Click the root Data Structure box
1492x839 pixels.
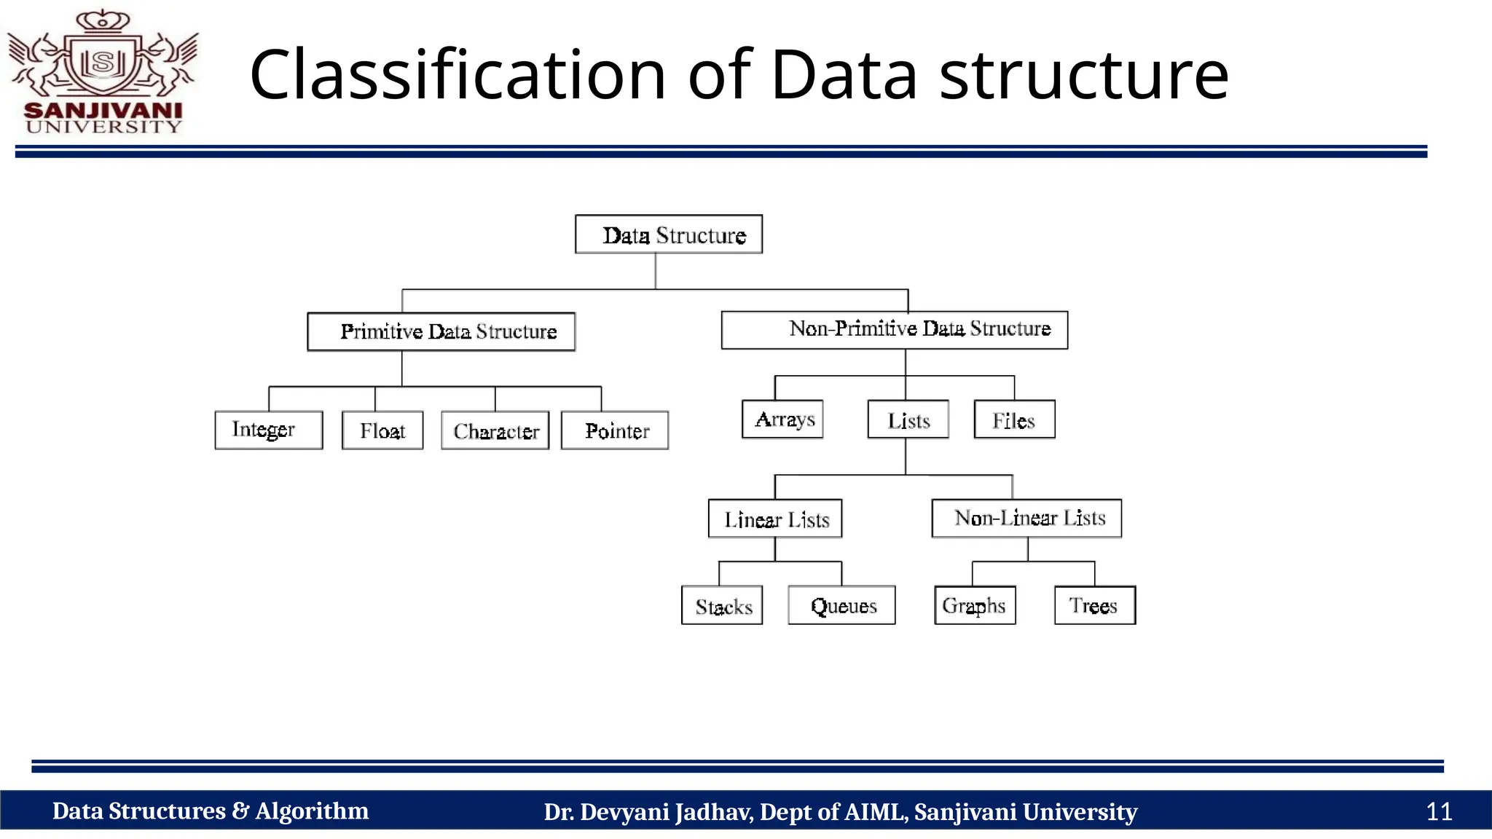pyautogui.click(x=669, y=235)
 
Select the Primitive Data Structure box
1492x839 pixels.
pyautogui.click(x=441, y=332)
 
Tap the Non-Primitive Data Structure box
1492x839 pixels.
pyautogui.click(x=895, y=330)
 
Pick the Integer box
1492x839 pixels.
pyautogui.click(x=269, y=430)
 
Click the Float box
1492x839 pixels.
pyautogui.click(x=382, y=430)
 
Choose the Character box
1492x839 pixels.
pyautogui.click(x=495, y=430)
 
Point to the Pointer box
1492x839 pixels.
pyautogui.click(x=615, y=430)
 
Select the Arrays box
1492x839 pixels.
pyautogui.click(x=782, y=419)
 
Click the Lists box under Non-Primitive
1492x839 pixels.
pyautogui.click(x=908, y=419)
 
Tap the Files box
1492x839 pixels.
pyautogui.click(x=1014, y=419)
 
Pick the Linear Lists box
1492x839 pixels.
pyautogui.click(x=775, y=519)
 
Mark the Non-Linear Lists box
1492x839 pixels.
pyautogui.click(x=1026, y=518)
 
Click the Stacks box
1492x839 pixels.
pyautogui.click(x=722, y=605)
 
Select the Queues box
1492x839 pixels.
pyautogui.click(x=841, y=605)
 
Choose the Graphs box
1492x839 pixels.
pyautogui.click(x=975, y=605)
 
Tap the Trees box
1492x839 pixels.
pyautogui.click(x=1095, y=605)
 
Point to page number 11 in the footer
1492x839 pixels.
pyautogui.click(x=1439, y=811)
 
